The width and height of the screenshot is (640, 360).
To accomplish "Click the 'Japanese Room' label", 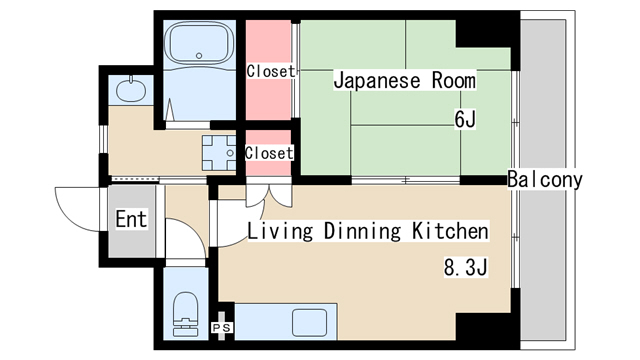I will (x=404, y=80).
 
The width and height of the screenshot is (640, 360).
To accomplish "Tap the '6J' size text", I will (x=465, y=120).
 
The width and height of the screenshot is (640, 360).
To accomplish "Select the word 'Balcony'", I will (x=544, y=180).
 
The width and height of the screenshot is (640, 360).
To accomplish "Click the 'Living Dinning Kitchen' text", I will (x=368, y=232).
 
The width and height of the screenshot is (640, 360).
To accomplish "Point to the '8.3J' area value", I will (x=465, y=268).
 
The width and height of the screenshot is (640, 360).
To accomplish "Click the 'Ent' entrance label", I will (x=131, y=220).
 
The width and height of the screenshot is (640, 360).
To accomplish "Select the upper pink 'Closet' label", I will (x=270, y=71).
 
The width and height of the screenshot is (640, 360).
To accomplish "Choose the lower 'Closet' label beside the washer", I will (x=269, y=153).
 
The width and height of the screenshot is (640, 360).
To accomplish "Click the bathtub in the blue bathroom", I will (x=199, y=44).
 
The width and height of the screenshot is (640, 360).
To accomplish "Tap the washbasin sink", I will (x=130, y=91).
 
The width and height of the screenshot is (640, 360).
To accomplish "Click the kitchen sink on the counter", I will (x=308, y=323).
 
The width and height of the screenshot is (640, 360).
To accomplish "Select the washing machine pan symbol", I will (x=219, y=151).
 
